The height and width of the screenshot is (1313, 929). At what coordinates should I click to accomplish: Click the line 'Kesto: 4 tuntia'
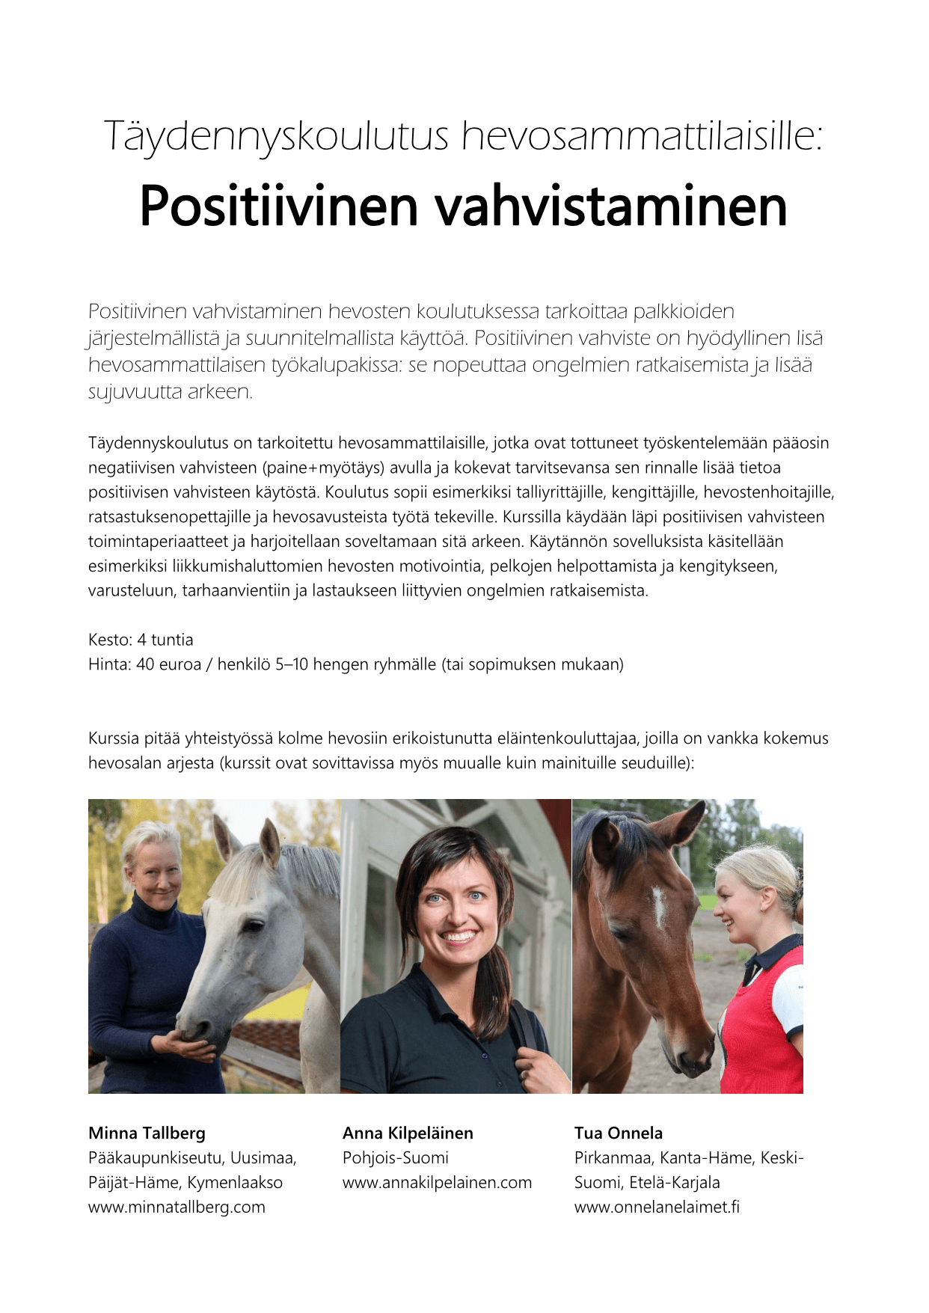point(141,640)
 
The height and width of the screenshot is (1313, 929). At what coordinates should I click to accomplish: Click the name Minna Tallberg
point(147,1133)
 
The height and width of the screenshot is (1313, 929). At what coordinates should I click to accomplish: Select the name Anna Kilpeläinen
point(408,1133)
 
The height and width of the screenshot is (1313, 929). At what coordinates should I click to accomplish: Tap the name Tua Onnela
point(619,1133)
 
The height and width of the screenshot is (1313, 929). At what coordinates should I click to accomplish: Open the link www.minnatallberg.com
point(177,1207)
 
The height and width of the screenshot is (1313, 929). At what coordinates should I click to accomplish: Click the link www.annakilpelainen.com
point(437,1182)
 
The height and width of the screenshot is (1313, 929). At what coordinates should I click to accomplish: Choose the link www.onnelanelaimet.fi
point(657,1207)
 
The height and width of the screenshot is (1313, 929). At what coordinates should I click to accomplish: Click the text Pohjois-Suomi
point(396,1157)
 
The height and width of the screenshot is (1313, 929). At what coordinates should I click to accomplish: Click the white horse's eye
point(254,926)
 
